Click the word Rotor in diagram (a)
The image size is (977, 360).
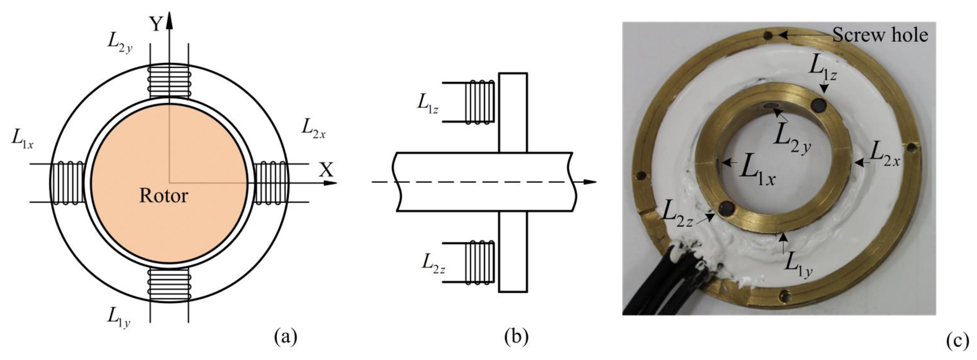point(164,196)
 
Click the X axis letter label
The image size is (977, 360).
point(326,170)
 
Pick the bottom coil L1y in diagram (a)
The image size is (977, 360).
point(169,285)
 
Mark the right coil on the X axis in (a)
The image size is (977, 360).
point(270,183)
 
